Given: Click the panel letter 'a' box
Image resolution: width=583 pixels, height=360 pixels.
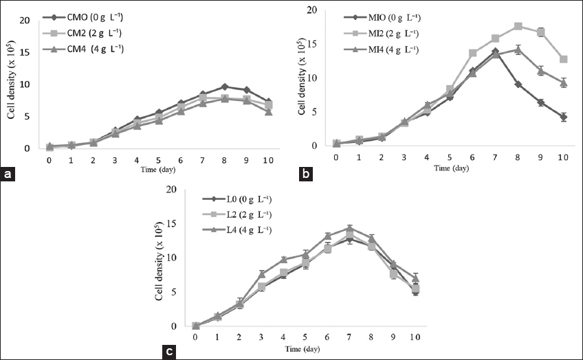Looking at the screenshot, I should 9,175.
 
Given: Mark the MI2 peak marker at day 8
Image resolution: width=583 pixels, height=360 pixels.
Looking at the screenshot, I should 518,26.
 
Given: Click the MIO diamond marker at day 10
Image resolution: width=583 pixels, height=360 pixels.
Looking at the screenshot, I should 563,117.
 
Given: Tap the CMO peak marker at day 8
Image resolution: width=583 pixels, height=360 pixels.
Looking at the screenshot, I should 224,87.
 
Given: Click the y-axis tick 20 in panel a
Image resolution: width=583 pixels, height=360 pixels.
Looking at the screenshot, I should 25,19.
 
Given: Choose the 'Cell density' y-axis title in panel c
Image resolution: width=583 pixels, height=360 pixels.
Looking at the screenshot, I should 158,261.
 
